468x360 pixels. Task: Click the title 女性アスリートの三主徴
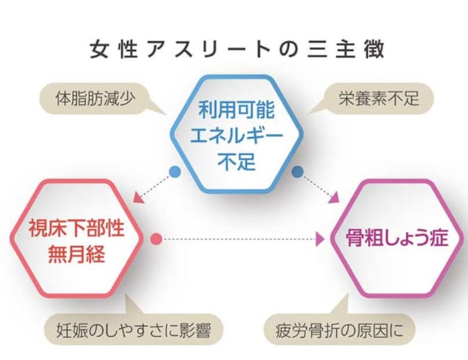point(237,50)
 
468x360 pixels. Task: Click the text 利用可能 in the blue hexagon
point(237,110)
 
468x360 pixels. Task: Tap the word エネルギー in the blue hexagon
point(237,136)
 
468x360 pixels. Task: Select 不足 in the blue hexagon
point(237,162)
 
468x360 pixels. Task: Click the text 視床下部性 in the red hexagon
point(76,229)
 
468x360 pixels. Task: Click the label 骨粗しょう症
point(397,238)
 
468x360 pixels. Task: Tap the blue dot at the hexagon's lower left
point(175,172)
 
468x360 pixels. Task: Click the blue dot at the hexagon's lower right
point(298,172)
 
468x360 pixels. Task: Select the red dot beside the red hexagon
point(156,239)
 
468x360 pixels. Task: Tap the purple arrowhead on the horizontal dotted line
point(320,239)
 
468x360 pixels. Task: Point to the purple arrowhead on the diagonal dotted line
point(334,198)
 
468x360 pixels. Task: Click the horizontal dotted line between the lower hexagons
point(239,239)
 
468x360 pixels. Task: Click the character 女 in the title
point(99,50)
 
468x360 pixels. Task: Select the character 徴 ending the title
point(375,50)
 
